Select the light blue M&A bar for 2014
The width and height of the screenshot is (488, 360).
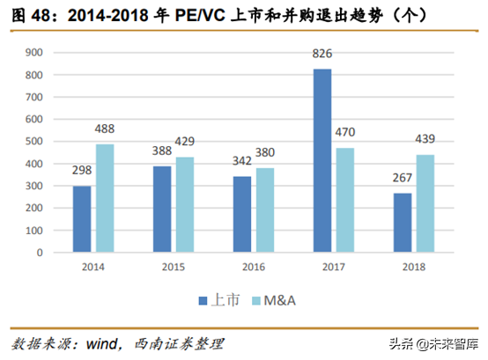pos(105,198)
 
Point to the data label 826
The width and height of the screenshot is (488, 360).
pos(322,55)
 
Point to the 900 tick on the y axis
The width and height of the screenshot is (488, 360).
pos(34,52)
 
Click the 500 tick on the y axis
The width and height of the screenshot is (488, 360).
pos(34,141)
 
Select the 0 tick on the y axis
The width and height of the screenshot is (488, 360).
pos(41,253)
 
